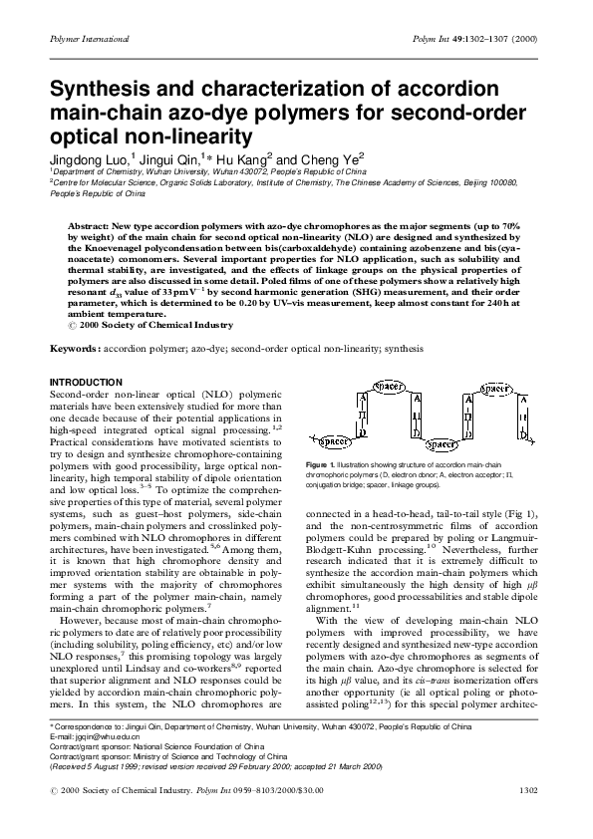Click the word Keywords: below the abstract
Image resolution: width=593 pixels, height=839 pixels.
pos(81,350)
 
